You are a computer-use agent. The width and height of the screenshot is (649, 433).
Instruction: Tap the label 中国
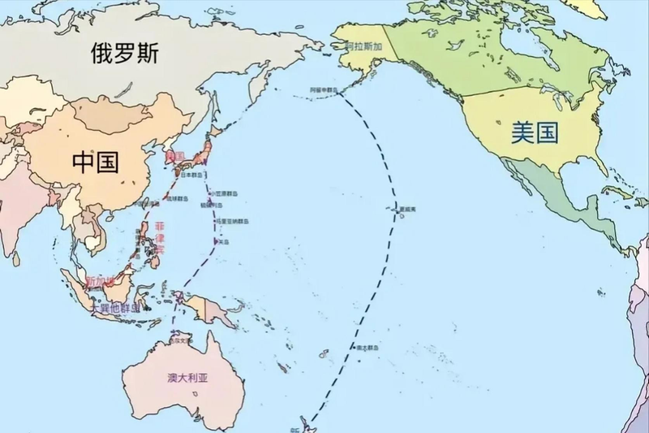[96, 162]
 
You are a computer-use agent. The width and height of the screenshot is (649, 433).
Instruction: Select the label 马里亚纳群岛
[230, 220]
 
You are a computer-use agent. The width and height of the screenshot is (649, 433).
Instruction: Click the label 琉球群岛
[177, 198]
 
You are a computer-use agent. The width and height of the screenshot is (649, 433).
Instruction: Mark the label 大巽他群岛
[114, 309]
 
